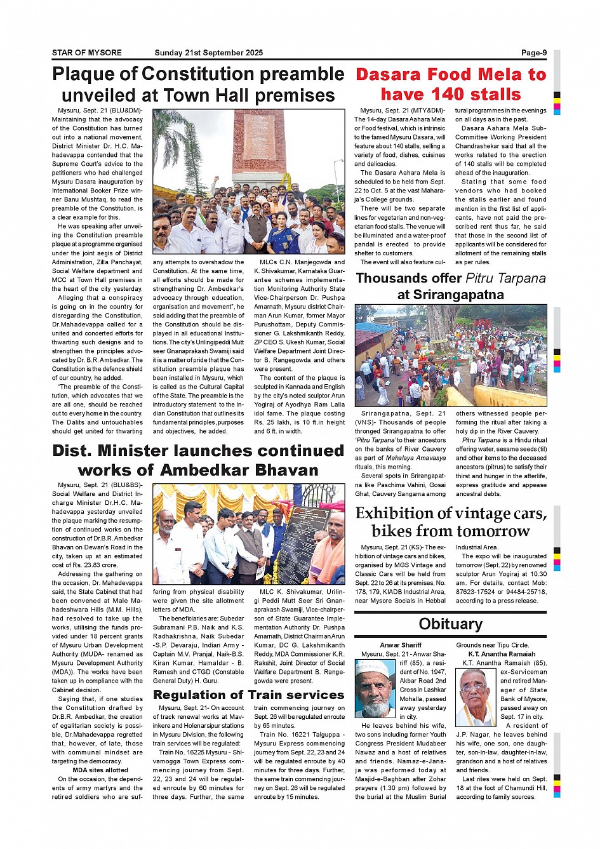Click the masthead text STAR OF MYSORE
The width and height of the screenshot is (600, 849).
tap(86, 53)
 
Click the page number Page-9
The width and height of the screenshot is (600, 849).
tap(533, 53)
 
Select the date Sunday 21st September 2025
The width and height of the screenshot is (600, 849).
tap(208, 53)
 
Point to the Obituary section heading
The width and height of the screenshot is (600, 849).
tap(450, 624)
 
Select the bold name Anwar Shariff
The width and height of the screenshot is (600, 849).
tap(401, 645)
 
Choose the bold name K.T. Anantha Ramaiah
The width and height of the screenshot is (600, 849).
tap(502, 654)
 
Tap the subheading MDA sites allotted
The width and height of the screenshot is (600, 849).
tap(100, 770)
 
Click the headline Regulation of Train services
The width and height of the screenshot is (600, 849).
tap(249, 695)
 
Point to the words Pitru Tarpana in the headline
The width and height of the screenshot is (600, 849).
tap(505, 278)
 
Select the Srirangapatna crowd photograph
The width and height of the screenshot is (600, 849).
tap(450, 355)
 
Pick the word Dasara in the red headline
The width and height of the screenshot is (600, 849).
tap(389, 74)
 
